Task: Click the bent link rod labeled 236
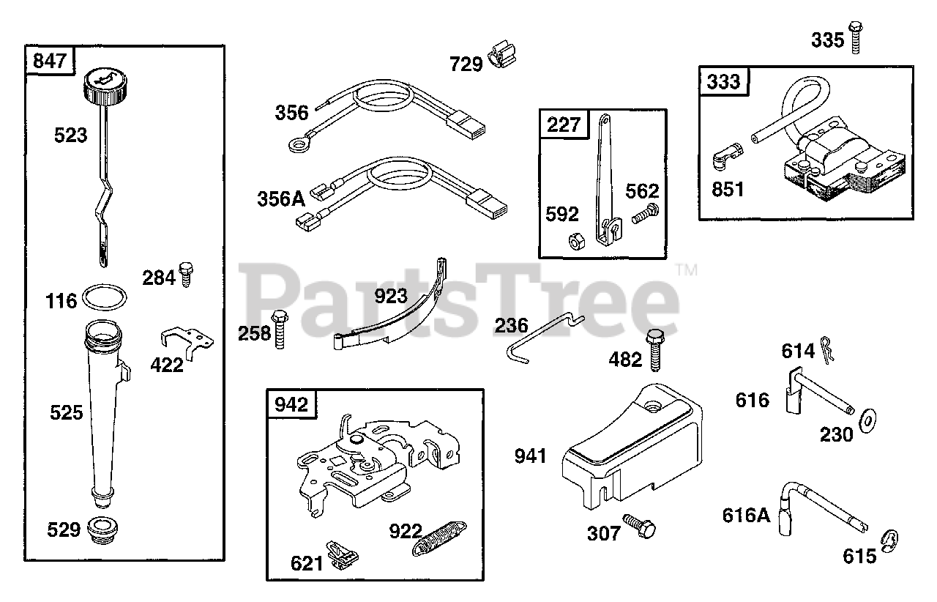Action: pos(542,336)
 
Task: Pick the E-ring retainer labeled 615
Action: pos(890,538)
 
